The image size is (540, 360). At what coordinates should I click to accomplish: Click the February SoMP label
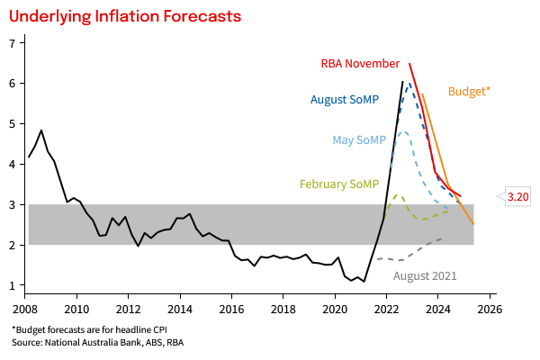point(339,184)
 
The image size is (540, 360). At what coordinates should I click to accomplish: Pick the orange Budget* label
point(469,91)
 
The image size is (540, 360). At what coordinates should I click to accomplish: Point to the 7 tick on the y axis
point(11,43)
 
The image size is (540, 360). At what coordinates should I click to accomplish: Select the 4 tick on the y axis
point(11,164)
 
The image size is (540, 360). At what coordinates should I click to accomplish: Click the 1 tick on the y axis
point(11,285)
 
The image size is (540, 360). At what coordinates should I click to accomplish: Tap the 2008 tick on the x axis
point(25,308)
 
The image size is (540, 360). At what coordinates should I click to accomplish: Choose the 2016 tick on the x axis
point(232,308)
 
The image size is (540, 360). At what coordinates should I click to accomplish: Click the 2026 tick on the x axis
point(490,308)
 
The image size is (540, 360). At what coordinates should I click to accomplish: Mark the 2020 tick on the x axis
point(336,308)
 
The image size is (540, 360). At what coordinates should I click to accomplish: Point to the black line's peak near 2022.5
point(402,81)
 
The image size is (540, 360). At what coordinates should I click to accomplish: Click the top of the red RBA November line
point(409,64)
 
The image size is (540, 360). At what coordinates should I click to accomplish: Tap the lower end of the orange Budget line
point(473,224)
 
